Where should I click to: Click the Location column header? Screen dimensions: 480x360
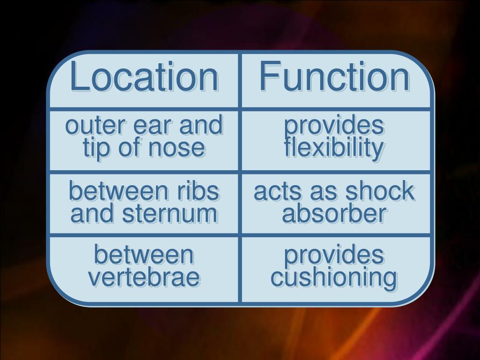144,77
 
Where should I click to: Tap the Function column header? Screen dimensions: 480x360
334,77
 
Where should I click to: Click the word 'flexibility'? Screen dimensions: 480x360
335,148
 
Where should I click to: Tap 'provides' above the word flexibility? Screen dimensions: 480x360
335,126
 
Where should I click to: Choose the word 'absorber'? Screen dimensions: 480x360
335,214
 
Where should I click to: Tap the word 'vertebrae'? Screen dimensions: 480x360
144,277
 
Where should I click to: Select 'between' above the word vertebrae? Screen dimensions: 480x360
144,255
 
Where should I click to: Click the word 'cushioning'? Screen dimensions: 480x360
334,277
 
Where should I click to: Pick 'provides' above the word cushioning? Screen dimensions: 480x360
335,255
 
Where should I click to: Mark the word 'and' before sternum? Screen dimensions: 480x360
92,214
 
